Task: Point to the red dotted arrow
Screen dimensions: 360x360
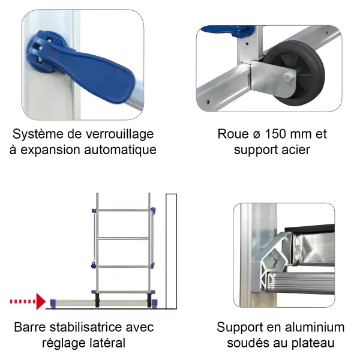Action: coord(28,301)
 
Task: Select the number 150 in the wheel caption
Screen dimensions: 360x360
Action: coord(275,134)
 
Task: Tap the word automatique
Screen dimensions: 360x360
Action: coord(121,150)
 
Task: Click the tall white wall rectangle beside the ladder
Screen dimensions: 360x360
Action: coord(171,251)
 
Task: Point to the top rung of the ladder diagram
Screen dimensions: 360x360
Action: coord(124,210)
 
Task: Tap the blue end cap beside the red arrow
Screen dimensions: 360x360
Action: coord(53,303)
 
